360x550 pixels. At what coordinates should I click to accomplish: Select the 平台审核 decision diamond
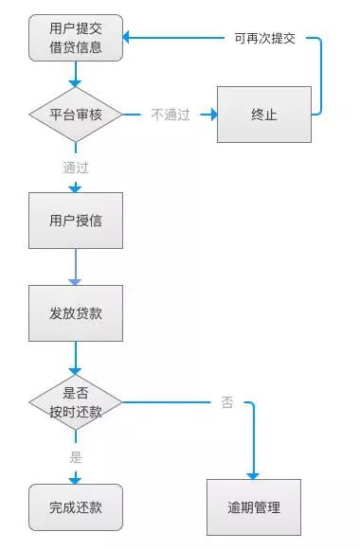76,115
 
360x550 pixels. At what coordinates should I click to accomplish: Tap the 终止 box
263,115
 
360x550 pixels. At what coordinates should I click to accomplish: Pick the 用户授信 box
76,221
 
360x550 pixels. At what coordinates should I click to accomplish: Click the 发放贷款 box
76,313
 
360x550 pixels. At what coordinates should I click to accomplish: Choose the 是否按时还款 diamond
76,402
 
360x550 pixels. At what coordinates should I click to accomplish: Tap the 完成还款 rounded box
76,507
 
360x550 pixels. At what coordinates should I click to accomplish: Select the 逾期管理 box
255,507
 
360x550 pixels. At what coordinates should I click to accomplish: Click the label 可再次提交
265,39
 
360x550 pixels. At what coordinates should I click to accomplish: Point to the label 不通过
171,115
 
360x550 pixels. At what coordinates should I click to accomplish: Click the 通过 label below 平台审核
76,168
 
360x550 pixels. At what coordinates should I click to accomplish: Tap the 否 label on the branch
227,402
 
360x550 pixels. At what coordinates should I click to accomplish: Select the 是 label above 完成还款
76,456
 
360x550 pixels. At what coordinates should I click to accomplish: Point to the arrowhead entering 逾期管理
254,474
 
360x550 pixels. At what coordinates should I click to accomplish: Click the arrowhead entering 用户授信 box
76,188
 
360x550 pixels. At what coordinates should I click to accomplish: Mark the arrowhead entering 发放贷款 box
76,280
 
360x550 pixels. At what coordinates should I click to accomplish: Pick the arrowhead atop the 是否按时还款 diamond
76,372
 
